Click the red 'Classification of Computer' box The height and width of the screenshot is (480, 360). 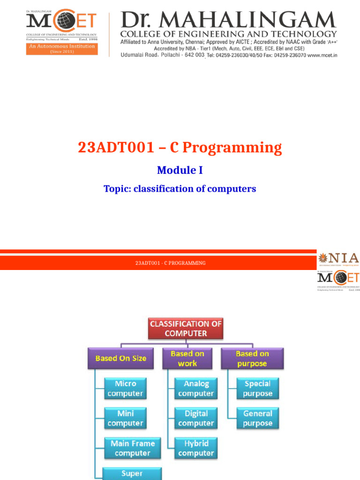click(x=186, y=329)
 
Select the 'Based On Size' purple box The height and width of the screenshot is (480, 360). click(x=121, y=358)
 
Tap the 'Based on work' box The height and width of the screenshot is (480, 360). click(x=187, y=359)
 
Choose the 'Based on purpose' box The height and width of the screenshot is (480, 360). click(x=252, y=359)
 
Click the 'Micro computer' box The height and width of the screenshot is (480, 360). click(x=125, y=389)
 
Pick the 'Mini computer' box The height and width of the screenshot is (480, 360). click(x=125, y=418)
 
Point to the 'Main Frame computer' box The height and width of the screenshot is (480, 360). click(x=132, y=448)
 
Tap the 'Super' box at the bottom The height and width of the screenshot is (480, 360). click(x=132, y=473)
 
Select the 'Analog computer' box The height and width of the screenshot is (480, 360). click(x=196, y=389)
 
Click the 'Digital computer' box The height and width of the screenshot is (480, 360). click(x=196, y=418)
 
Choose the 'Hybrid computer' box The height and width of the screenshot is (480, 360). click(x=196, y=448)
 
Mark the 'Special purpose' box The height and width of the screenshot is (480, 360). click(x=257, y=389)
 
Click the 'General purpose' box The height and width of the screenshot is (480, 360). click(x=257, y=418)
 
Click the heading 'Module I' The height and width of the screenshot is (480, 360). click(x=180, y=170)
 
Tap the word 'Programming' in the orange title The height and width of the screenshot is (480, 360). click(x=232, y=148)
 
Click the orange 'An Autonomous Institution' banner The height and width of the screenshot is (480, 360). click(x=62, y=49)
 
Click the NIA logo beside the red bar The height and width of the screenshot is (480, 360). click(x=338, y=259)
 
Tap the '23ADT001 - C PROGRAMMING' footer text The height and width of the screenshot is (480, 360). click(x=171, y=263)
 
